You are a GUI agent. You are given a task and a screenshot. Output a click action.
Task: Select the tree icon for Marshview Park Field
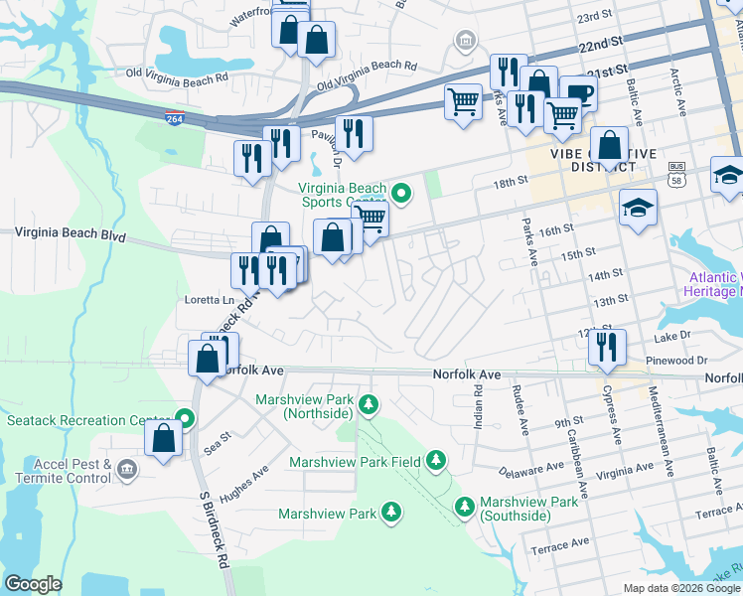click(435, 460)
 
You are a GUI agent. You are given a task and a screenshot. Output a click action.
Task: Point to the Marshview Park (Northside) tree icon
click(369, 403)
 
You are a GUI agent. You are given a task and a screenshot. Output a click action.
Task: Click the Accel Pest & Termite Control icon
click(126, 468)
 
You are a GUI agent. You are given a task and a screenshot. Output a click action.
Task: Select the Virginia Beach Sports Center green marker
click(401, 192)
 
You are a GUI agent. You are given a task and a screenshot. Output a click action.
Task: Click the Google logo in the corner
click(34, 584)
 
